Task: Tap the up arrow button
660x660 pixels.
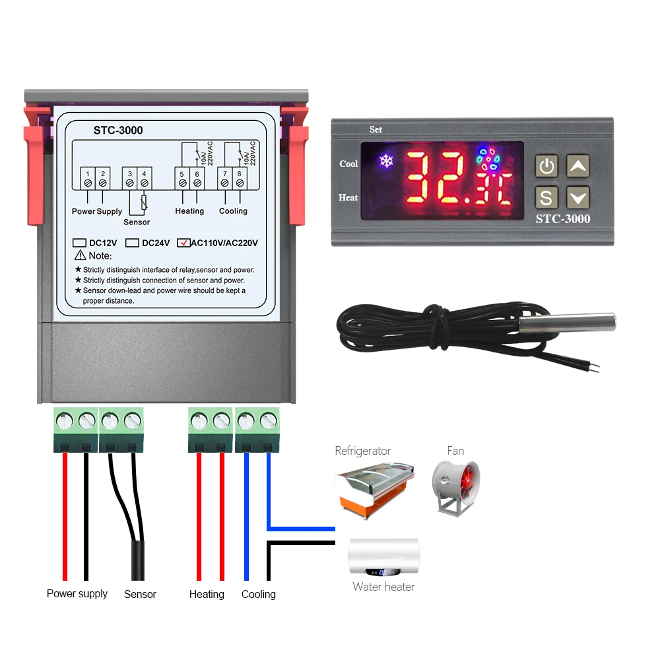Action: click(577, 167)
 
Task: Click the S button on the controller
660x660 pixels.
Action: click(546, 197)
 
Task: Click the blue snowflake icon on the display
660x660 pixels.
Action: click(384, 160)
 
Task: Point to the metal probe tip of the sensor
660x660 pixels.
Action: click(568, 322)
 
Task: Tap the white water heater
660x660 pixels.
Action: click(383, 555)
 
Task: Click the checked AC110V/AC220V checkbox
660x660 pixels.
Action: click(183, 242)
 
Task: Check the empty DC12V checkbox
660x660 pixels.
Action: click(80, 242)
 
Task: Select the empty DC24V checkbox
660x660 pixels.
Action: click(132, 242)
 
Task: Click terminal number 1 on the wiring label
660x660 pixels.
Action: click(87, 174)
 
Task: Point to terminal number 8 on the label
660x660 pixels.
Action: click(240, 174)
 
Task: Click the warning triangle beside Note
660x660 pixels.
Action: click(81, 255)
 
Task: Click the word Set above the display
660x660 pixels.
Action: click(376, 129)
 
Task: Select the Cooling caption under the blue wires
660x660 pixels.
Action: click(258, 594)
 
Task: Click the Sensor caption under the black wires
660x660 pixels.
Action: click(140, 594)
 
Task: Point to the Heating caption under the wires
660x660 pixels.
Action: click(207, 594)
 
